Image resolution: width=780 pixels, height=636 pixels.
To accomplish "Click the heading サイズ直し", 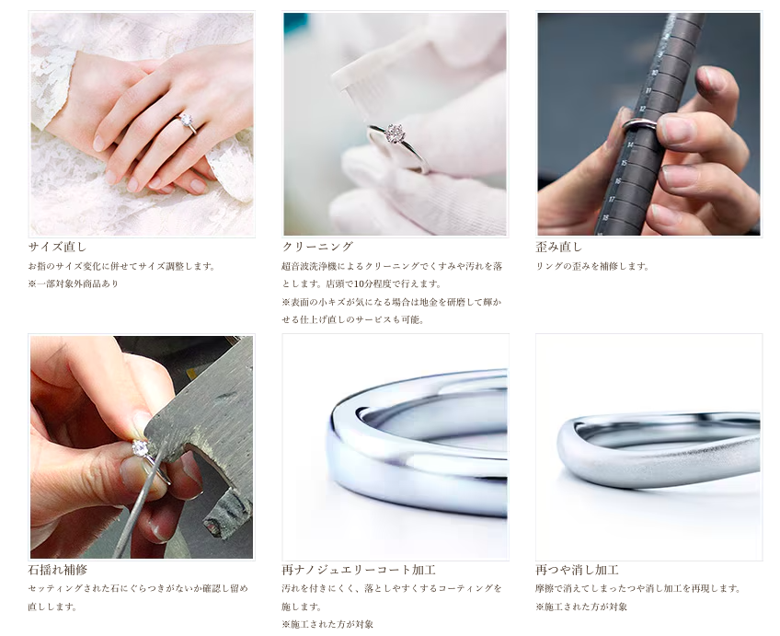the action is pyautogui.click(x=57, y=247).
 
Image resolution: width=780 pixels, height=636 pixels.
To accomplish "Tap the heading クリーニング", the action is pyautogui.click(x=317, y=247).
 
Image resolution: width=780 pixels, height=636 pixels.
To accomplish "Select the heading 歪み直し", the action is pyautogui.click(x=558, y=247).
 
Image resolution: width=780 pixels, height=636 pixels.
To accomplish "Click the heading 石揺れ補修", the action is pyautogui.click(x=57, y=570).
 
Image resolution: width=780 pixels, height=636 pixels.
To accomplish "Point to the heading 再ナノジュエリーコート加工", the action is pyautogui.click(x=359, y=570).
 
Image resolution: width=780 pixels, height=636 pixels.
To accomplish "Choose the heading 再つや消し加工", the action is pyautogui.click(x=577, y=570).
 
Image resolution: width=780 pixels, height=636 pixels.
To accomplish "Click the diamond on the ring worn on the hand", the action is pyautogui.click(x=186, y=120).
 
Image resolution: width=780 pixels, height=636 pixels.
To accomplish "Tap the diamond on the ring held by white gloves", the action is pyautogui.click(x=394, y=133).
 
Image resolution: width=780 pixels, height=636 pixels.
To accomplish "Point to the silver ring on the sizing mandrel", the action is pyautogui.click(x=639, y=124).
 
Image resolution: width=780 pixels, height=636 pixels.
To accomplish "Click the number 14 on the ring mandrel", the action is pyautogui.click(x=630, y=145).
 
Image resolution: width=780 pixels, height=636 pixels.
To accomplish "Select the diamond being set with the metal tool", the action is pyautogui.click(x=140, y=447).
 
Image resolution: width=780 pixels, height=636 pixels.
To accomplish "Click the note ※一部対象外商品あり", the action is pyautogui.click(x=74, y=284).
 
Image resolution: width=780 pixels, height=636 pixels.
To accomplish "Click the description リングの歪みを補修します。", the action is pyautogui.click(x=592, y=266).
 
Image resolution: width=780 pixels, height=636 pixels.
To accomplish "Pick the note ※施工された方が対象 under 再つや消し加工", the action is pyautogui.click(x=581, y=607).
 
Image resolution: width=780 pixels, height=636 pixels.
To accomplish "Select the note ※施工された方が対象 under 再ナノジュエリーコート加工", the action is pyautogui.click(x=327, y=625).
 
